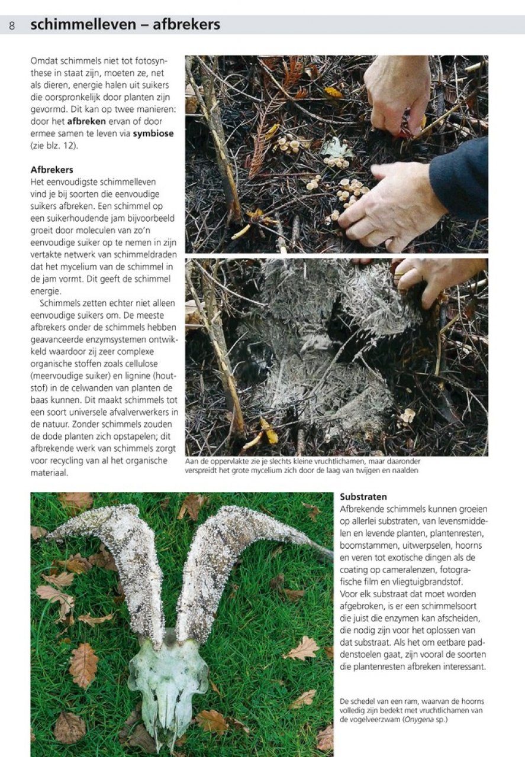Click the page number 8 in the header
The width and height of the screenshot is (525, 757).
pyautogui.click(x=12, y=25)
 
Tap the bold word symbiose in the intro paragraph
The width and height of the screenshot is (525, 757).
pyautogui.click(x=153, y=134)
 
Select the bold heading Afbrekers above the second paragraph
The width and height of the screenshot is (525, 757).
pyautogui.click(x=52, y=170)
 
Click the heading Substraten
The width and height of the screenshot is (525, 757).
pyautogui.click(x=363, y=497)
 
